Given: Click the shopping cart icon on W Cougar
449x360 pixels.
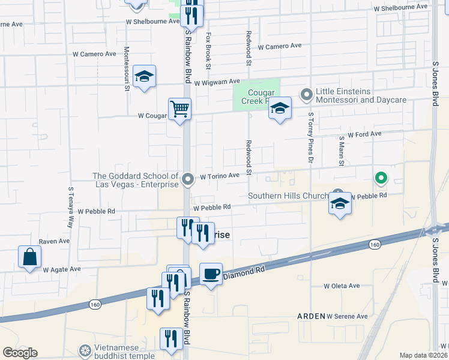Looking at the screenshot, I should pyautogui.click(x=179, y=110).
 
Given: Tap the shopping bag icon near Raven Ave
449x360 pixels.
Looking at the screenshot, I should pyautogui.click(x=29, y=257).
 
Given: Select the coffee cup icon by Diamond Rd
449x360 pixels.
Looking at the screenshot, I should pyautogui.click(x=211, y=274).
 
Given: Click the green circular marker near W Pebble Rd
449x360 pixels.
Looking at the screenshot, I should pyautogui.click(x=381, y=178).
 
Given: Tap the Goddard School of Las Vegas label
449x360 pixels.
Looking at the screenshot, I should pyautogui.click(x=135, y=180).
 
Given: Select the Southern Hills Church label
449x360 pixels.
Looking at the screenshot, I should pyautogui.click(x=288, y=196).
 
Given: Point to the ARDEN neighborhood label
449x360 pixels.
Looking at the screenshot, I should pyautogui.click(x=310, y=316).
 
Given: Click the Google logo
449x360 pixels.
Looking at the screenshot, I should pyautogui.click(x=20, y=353).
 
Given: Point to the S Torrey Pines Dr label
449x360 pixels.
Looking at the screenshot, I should pyautogui.click(x=311, y=137).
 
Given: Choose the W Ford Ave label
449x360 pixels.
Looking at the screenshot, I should pyautogui.click(x=364, y=134).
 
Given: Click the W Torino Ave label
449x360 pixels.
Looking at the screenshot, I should pyautogui.click(x=220, y=176).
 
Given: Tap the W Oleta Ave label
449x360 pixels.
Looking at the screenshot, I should pyautogui.click(x=342, y=286).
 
